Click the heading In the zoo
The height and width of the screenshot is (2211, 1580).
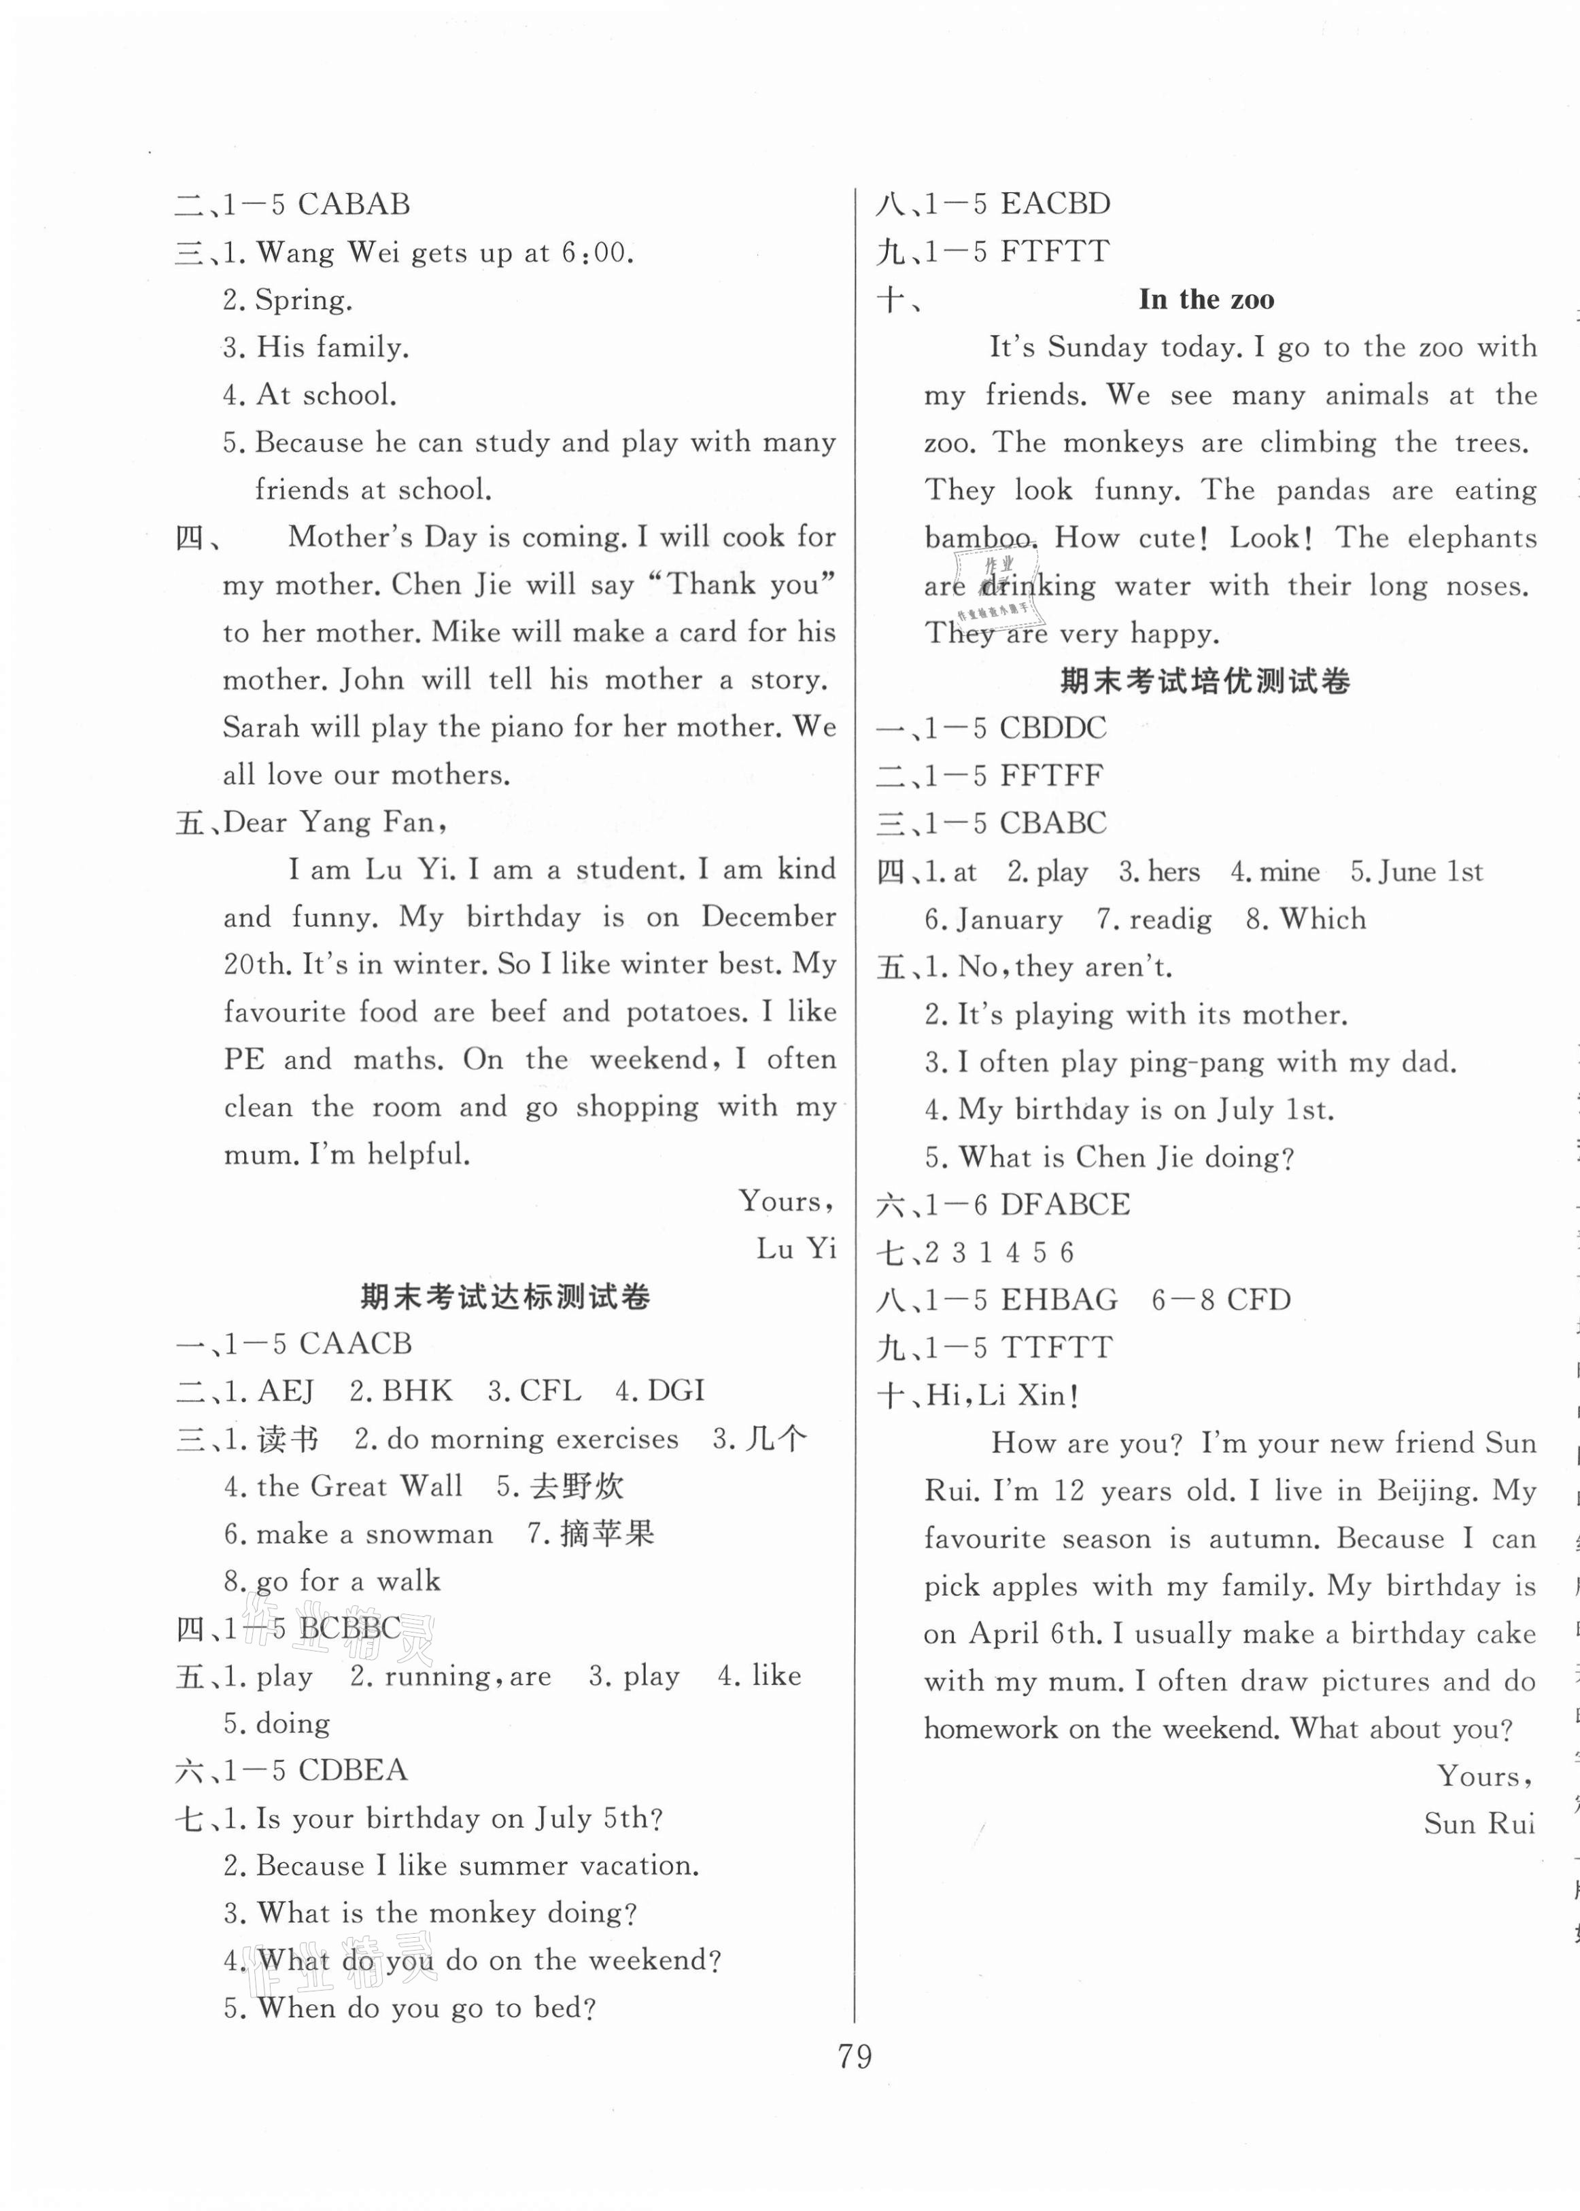(1205, 300)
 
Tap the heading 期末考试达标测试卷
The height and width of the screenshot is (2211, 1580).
(505, 1297)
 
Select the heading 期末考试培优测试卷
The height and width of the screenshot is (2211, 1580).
(1205, 681)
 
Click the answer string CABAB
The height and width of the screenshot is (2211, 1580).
(354, 205)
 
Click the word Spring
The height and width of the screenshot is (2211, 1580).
(303, 300)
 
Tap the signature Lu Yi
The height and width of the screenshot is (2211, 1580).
(796, 1249)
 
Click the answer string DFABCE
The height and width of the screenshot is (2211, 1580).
(1065, 1204)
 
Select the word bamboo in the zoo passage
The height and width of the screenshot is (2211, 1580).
(977, 538)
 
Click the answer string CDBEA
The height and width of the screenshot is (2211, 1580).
(353, 1771)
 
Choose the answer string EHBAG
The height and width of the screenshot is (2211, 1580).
(1059, 1300)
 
